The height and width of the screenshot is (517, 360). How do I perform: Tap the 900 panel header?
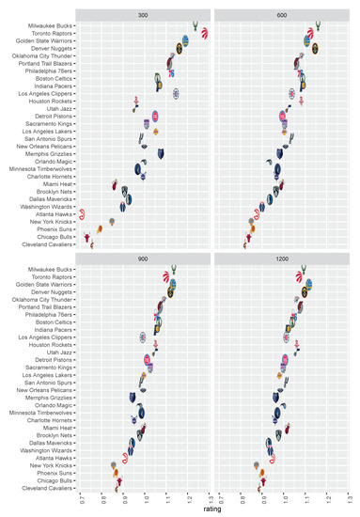click(x=144, y=259)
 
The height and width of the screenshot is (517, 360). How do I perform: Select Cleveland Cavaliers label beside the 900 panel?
click(x=47, y=489)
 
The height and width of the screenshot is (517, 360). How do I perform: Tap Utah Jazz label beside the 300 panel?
click(x=58, y=110)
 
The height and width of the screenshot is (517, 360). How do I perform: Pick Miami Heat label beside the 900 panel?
click(x=56, y=428)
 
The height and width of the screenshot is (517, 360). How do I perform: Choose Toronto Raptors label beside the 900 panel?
click(x=51, y=278)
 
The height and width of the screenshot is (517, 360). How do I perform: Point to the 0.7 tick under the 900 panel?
click(x=82, y=498)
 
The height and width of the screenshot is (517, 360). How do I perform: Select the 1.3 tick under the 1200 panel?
click(x=350, y=498)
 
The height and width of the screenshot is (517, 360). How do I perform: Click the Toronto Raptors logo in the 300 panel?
click(x=204, y=35)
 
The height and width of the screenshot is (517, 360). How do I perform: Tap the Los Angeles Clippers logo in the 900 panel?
click(x=142, y=337)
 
